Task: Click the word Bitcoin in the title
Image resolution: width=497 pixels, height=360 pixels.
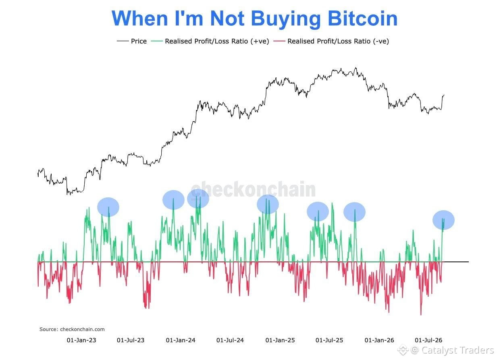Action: tap(362, 19)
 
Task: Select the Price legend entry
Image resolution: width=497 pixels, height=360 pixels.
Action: tap(132, 41)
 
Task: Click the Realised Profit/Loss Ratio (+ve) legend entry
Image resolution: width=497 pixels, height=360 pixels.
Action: tap(210, 41)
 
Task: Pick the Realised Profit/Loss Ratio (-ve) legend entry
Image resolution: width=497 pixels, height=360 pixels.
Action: tap(331, 41)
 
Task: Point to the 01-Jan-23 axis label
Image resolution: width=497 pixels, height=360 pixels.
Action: tap(81, 340)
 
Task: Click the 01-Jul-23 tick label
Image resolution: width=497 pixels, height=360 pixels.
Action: tap(131, 340)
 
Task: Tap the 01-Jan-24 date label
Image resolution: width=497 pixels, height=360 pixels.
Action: tap(181, 340)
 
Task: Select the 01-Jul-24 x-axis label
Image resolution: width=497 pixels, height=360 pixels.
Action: tap(230, 340)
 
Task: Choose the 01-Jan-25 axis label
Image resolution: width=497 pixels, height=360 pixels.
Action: tap(280, 340)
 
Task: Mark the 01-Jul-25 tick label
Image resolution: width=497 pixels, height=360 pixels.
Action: tap(329, 340)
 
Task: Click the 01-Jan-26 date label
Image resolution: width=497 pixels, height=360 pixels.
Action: tap(379, 340)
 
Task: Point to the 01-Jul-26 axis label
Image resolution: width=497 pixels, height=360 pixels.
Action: tap(428, 340)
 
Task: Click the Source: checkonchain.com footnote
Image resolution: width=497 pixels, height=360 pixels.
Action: tap(72, 329)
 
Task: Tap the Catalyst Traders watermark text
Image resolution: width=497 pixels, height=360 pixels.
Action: tap(457, 350)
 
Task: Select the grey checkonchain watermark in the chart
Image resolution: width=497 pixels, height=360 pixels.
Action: tap(253, 189)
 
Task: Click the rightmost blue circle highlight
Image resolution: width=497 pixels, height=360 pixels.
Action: tap(443, 220)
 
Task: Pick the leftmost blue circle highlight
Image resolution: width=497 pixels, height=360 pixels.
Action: tap(108, 207)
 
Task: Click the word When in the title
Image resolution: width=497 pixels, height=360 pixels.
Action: tap(140, 19)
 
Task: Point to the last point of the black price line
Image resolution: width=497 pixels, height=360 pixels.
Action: tap(444, 95)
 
